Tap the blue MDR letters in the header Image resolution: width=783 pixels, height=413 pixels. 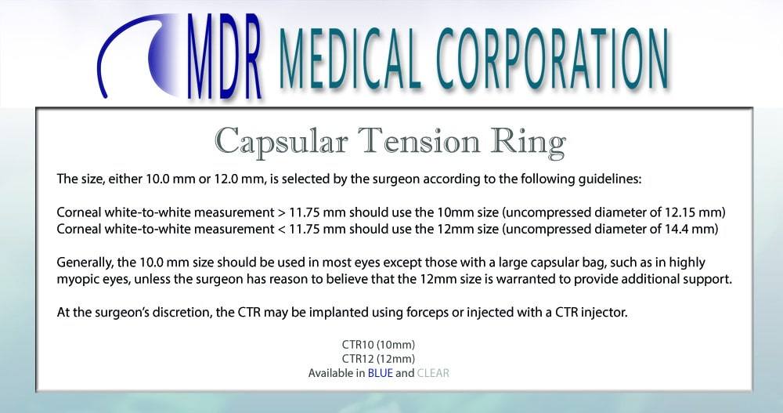[x=225, y=56]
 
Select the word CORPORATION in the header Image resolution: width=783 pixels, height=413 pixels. [x=552, y=58]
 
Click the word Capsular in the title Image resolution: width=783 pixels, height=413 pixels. [x=281, y=143]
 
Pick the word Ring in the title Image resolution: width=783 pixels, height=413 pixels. [x=528, y=143]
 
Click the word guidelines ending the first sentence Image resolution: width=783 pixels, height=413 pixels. [x=610, y=179]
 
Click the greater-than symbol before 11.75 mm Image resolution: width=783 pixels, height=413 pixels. [x=282, y=212]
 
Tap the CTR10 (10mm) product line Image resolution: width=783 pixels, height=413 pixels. [x=378, y=345]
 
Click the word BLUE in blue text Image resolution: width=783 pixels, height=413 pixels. [x=381, y=373]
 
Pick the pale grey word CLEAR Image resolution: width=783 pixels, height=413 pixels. [x=433, y=373]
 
